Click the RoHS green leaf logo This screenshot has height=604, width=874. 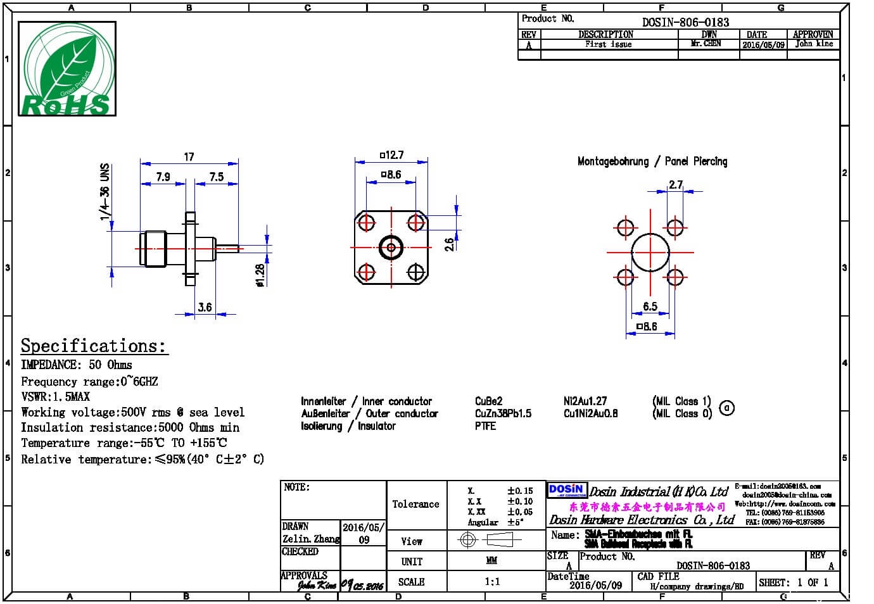pyautogui.click(x=66, y=69)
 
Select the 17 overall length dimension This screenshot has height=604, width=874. pyautogui.click(x=189, y=157)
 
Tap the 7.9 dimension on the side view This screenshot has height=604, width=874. pyautogui.click(x=163, y=177)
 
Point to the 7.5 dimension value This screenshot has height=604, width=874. pyautogui.click(x=217, y=177)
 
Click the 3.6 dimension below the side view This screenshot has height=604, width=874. pyautogui.click(x=205, y=308)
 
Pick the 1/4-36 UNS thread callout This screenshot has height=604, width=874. pyautogui.click(x=105, y=192)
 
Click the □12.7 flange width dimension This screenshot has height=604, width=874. pyautogui.click(x=391, y=155)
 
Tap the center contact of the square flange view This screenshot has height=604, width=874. pyautogui.click(x=391, y=248)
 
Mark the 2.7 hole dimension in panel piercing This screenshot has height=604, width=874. pyautogui.click(x=676, y=185)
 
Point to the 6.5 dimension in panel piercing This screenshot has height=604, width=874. pyautogui.click(x=650, y=306)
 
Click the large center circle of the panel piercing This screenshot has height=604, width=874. pyautogui.click(x=650, y=253)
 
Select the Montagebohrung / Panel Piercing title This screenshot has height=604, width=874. pyautogui.click(x=652, y=161)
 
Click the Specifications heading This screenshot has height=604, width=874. pyautogui.click(x=94, y=346)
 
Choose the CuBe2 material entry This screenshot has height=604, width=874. pyautogui.click(x=488, y=401)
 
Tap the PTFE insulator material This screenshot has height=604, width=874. pyautogui.click(x=485, y=426)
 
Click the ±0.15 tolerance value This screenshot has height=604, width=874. pyautogui.click(x=519, y=491)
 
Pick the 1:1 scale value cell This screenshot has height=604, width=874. pyautogui.click(x=492, y=582)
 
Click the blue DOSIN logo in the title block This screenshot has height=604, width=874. pyautogui.click(x=566, y=491)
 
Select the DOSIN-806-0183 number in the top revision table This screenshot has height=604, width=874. pyautogui.click(x=685, y=22)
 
